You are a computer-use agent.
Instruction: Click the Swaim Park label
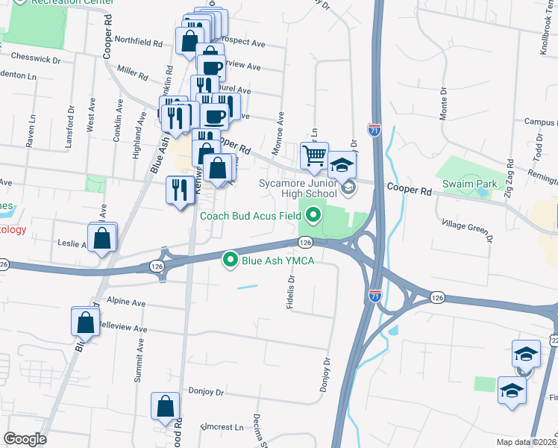tap(468, 184)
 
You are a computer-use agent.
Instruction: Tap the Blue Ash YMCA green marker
tap(231, 260)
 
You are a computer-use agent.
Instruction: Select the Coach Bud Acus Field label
tap(251, 217)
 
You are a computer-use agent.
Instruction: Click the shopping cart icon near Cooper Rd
tap(314, 156)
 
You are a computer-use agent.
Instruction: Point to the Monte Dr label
tap(443, 105)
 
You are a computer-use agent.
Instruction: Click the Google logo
tap(25, 440)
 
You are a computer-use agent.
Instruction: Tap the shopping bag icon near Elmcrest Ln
tap(165, 407)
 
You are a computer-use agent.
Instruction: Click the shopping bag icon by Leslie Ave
tap(103, 239)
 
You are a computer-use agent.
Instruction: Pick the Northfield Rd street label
tap(139, 43)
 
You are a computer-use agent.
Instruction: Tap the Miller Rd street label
tap(133, 74)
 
